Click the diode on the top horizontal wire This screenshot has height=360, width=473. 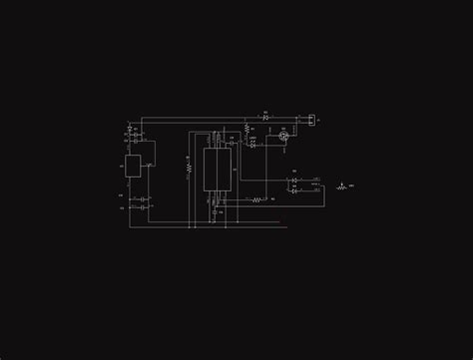[265, 118]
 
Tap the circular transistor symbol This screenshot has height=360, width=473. [283, 136]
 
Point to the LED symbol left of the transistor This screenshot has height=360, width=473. [252, 145]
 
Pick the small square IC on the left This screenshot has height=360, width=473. [133, 167]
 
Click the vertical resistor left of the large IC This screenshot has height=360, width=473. [189, 168]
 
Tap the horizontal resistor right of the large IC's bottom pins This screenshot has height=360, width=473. [256, 199]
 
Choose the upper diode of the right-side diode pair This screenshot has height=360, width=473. [294, 181]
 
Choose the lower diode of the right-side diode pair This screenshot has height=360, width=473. [294, 190]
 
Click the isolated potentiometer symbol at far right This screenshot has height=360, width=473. [342, 186]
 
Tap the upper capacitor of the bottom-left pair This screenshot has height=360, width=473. [144, 199]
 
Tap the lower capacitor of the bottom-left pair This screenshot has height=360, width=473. [144, 208]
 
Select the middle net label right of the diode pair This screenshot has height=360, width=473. [316, 185]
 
